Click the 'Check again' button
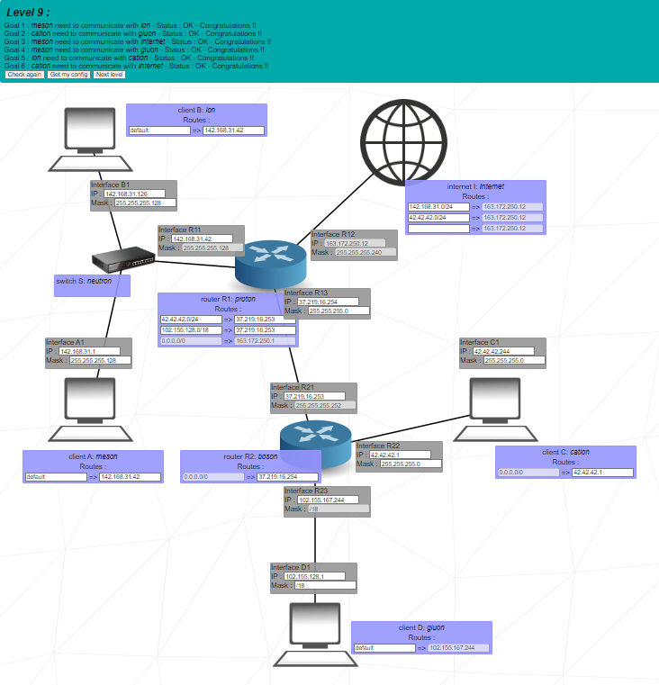coord(24,75)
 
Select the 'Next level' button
coord(109,75)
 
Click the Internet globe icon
coord(405,140)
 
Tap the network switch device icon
coord(123,260)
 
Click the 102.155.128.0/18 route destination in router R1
coord(191,330)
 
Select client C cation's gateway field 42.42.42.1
coord(598,473)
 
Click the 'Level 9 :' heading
coord(28,12)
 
